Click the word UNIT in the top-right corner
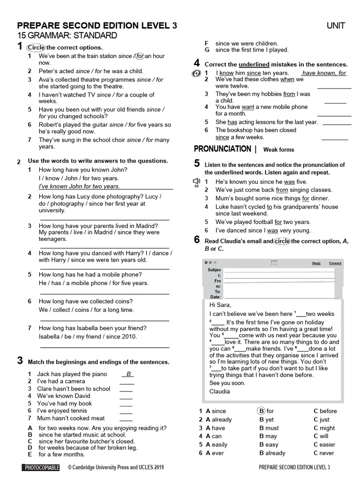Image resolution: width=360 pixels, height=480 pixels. click(x=336, y=26)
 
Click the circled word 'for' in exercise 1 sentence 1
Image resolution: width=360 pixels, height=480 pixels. click(x=139, y=56)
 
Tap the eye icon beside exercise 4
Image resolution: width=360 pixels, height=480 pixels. click(x=196, y=74)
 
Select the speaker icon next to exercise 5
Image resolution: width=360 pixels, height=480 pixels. click(x=196, y=181)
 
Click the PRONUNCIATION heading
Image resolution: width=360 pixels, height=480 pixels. click(x=222, y=149)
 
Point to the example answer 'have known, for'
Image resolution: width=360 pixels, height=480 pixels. click(x=324, y=73)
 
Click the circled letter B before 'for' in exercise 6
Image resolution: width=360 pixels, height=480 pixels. click(x=261, y=411)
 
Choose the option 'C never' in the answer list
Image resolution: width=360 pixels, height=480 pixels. click(x=324, y=453)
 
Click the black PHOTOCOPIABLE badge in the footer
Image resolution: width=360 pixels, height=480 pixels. click(x=41, y=467)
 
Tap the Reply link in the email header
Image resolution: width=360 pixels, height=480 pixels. click(x=316, y=263)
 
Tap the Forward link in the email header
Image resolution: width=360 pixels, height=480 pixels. click(x=335, y=263)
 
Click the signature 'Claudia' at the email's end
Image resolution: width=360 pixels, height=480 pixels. click(x=219, y=391)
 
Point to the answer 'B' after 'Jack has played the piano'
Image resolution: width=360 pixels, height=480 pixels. click(x=127, y=374)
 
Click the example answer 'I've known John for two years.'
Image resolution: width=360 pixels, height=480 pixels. click(x=79, y=187)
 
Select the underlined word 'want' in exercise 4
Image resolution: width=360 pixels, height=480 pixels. click(x=247, y=107)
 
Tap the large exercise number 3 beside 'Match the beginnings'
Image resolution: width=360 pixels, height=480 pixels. click(x=20, y=360)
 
